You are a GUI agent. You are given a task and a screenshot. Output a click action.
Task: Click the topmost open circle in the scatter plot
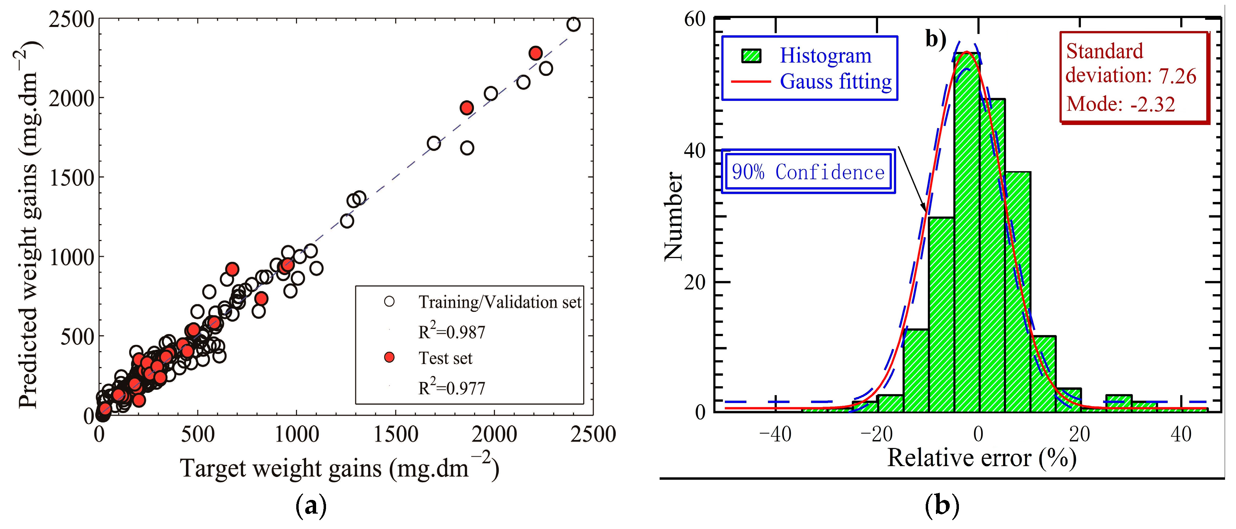pos(573,24)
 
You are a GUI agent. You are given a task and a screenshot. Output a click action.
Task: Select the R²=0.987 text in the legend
pos(451,332)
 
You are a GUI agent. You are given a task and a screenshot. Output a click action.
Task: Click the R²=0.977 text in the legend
pos(451,388)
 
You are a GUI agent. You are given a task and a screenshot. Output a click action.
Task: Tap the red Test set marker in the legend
pos(389,357)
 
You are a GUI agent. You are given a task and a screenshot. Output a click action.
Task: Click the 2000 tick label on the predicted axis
pos(72,98)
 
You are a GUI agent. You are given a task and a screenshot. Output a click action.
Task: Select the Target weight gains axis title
pos(340,468)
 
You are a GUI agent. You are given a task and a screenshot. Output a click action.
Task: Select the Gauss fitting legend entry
pos(835,81)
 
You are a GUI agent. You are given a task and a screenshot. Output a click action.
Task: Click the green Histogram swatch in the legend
pos(751,56)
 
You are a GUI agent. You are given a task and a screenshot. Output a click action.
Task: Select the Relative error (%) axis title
pos(981,458)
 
